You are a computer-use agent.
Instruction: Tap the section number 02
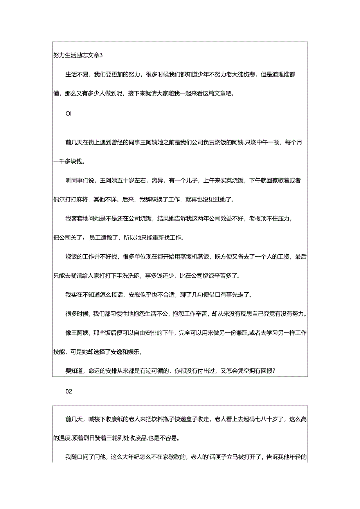[x=69, y=391]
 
